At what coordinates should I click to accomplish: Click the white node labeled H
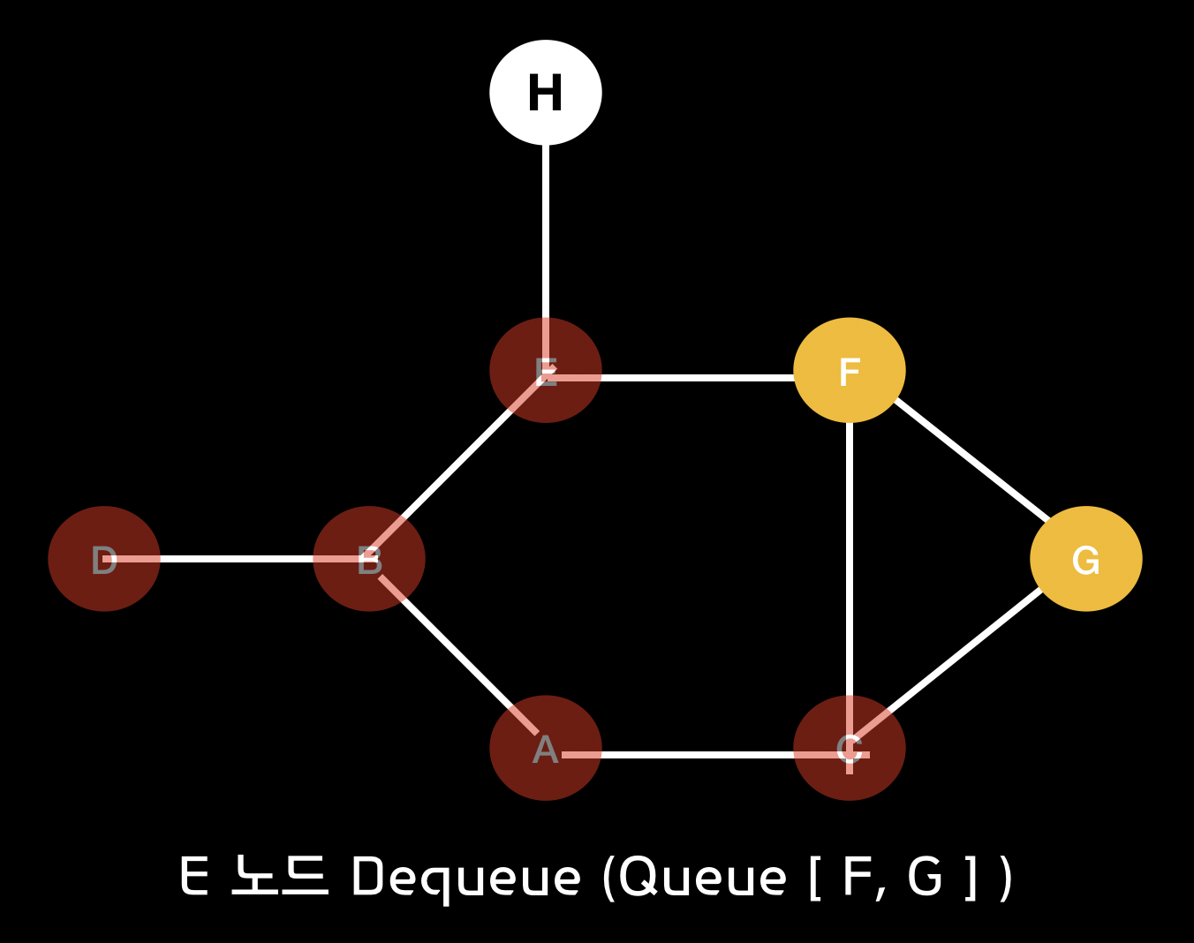(x=546, y=93)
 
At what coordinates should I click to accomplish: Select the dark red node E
(x=546, y=370)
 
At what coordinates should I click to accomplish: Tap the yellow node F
(x=850, y=370)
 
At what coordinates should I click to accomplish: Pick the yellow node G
(x=1086, y=559)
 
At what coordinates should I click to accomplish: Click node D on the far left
(x=104, y=559)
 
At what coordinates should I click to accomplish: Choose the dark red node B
(x=369, y=559)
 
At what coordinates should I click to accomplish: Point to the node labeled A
(x=546, y=748)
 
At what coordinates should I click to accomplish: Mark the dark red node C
(x=850, y=748)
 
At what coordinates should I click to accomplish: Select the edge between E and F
(x=698, y=378)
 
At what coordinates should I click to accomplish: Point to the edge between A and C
(x=698, y=755)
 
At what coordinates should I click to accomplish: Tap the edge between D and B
(x=237, y=559)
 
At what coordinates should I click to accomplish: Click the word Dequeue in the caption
(x=466, y=878)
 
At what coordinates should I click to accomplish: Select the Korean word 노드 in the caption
(x=279, y=876)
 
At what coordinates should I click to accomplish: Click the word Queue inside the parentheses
(x=702, y=878)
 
